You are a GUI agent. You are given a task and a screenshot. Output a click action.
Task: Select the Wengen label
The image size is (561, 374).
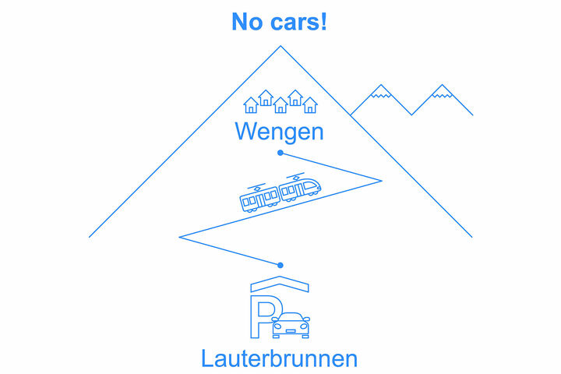click(279, 132)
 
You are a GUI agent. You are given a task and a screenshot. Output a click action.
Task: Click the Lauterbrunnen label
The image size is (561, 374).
click(279, 358)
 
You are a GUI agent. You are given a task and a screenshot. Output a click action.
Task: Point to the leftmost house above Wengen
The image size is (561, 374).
click(251, 105)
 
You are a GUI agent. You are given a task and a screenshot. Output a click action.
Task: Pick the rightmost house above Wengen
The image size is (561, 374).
click(310, 105)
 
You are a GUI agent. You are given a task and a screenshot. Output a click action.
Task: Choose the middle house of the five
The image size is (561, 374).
click(280, 105)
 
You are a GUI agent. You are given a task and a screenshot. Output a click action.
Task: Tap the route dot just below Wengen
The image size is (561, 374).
click(280, 153)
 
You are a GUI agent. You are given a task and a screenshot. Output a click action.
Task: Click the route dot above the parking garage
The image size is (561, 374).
click(280, 265)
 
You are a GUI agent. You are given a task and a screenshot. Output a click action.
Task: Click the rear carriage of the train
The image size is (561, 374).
click(259, 199)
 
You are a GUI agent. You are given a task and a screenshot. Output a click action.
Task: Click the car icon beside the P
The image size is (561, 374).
click(291, 324)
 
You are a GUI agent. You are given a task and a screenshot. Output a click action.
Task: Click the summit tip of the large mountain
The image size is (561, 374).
click(280, 47)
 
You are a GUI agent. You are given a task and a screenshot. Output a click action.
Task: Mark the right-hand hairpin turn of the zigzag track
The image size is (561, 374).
click(380, 180)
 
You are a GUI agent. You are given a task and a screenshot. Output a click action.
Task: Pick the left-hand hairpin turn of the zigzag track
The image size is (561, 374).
click(180, 236)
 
